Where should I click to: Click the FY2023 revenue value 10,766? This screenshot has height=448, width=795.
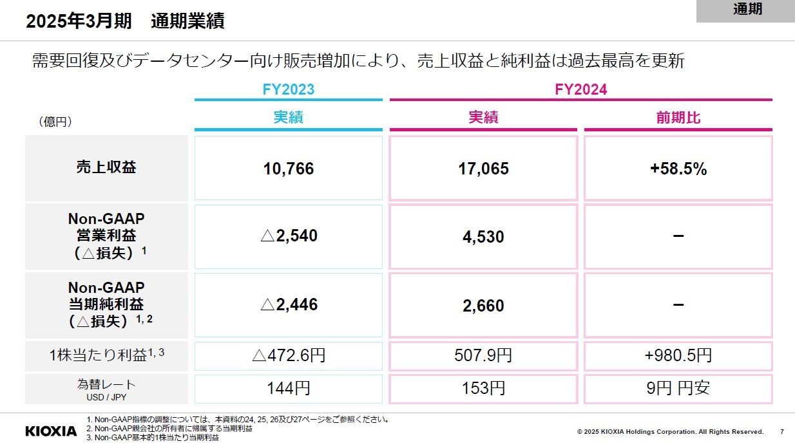tap(288, 169)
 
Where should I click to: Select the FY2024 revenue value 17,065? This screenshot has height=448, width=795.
tap(483, 169)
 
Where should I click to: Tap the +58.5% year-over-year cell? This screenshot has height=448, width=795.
tap(678, 169)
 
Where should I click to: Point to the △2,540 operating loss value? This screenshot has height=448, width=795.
tap(288, 236)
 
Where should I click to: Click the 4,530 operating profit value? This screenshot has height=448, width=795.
tap(483, 237)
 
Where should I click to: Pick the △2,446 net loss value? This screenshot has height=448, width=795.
tap(288, 304)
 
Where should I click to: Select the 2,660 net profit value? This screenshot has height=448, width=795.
tap(483, 305)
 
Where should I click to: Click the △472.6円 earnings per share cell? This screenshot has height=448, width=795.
tap(288, 355)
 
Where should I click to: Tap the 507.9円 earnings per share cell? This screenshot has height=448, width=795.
tap(483, 355)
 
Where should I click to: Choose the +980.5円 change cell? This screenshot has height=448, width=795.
tap(678, 355)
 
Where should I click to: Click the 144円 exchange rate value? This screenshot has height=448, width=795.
tap(288, 389)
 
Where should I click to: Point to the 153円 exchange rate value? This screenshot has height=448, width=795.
tap(483, 389)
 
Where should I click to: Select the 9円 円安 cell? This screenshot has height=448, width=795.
tap(678, 389)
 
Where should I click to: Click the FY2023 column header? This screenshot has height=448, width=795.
tap(288, 89)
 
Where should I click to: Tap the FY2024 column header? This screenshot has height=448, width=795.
tap(580, 89)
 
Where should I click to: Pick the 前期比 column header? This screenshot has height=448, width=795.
tap(678, 118)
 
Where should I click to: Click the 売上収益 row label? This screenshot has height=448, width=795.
tap(106, 168)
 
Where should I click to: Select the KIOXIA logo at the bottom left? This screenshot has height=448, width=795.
tap(51, 431)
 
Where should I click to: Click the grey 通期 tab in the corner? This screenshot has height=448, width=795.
tap(746, 10)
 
